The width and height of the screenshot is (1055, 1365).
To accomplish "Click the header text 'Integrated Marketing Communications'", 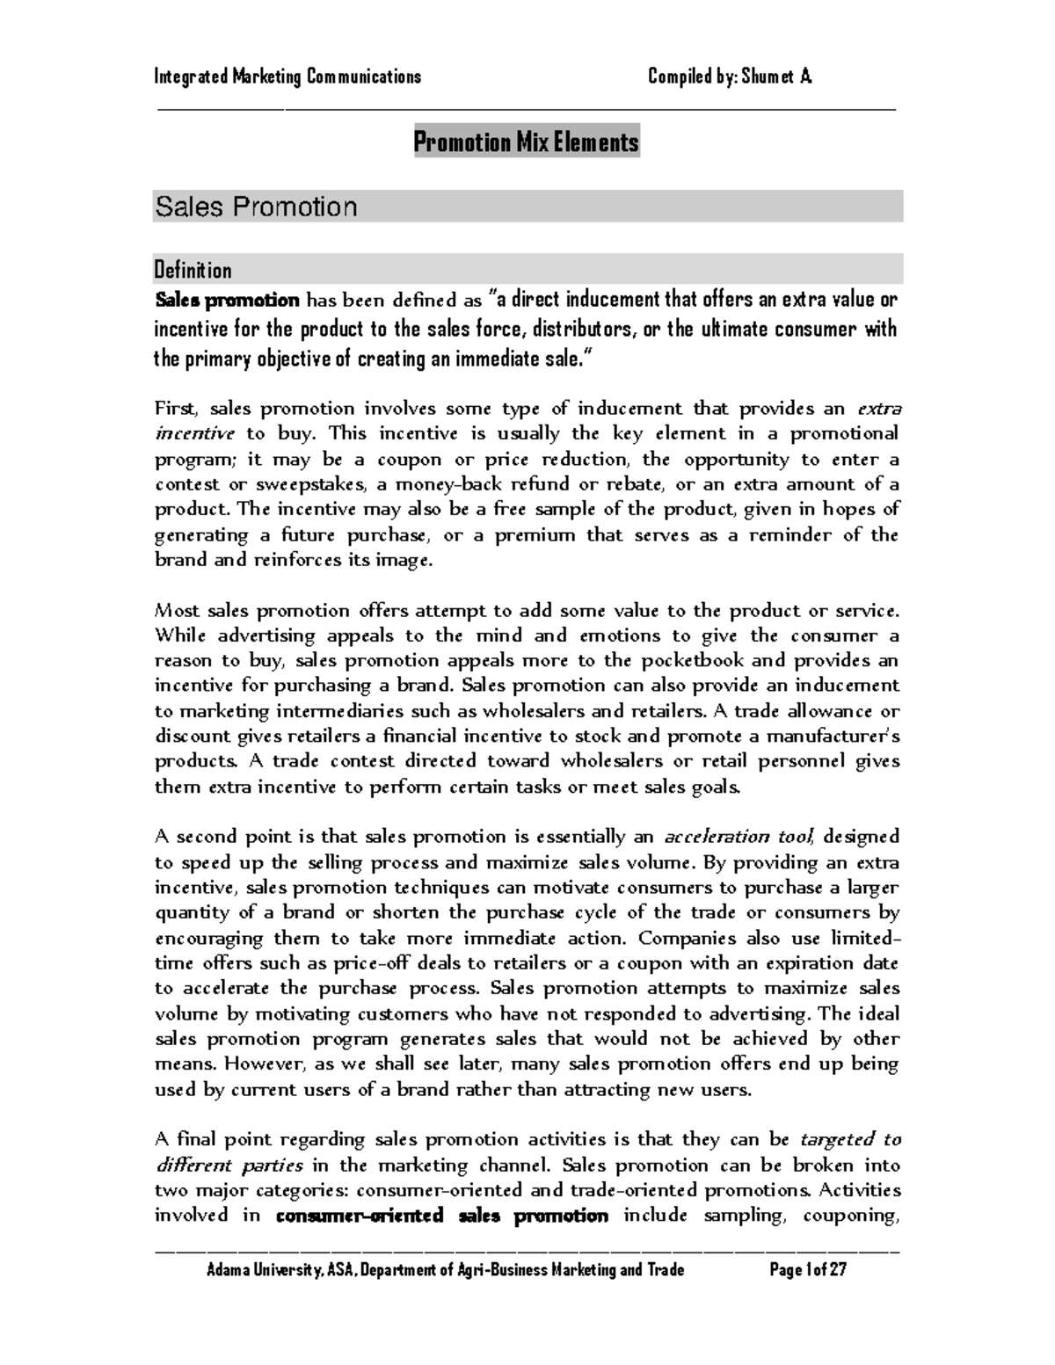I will click(x=287, y=76).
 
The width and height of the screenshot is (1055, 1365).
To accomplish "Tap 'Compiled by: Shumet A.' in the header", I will click(x=730, y=76).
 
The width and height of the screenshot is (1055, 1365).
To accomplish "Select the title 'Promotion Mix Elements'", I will click(x=527, y=142).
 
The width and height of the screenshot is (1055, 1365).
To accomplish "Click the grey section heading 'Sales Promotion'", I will click(x=256, y=207).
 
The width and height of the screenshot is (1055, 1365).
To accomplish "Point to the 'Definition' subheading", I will click(x=193, y=270).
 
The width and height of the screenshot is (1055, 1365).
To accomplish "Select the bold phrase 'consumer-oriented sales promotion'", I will click(x=442, y=1216).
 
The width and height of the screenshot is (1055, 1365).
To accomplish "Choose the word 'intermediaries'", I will click(x=338, y=711).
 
